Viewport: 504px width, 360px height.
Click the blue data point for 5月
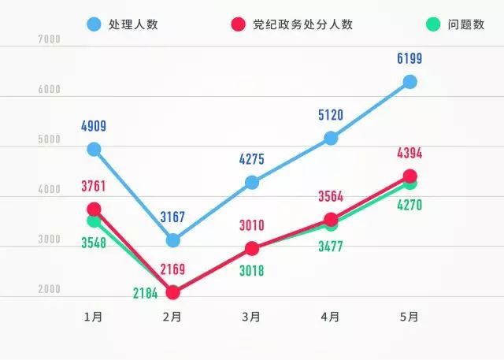409,82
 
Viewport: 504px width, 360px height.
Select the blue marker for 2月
173,240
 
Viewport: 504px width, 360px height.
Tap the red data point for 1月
94,209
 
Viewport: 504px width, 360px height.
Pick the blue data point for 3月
252,183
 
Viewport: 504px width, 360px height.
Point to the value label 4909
94,125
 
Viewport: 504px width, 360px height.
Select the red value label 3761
94,186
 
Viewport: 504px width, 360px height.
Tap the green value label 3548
94,243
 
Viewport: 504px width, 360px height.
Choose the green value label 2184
145,294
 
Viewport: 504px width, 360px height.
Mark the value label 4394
409,153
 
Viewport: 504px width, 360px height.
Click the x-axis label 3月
251,317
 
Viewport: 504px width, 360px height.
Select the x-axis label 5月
409,317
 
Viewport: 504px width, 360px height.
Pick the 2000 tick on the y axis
49,290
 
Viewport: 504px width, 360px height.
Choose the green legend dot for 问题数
432,24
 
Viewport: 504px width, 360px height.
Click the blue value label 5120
331,115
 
